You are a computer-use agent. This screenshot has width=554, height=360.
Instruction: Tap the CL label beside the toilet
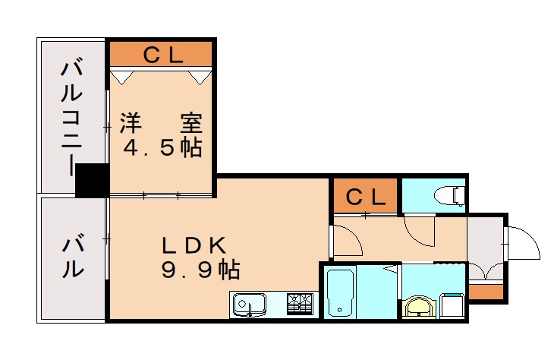[x=365, y=196]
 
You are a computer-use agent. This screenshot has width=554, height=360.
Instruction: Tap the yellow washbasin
[x=418, y=307]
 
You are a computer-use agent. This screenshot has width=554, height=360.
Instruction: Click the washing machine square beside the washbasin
[x=452, y=305]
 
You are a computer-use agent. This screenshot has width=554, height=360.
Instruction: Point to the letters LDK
[x=194, y=245]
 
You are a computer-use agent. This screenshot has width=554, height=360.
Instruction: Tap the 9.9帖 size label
[x=199, y=268]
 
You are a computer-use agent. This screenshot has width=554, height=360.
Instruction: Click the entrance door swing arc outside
[x=524, y=242]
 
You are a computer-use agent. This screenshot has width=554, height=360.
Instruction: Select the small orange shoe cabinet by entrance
[x=486, y=292]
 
